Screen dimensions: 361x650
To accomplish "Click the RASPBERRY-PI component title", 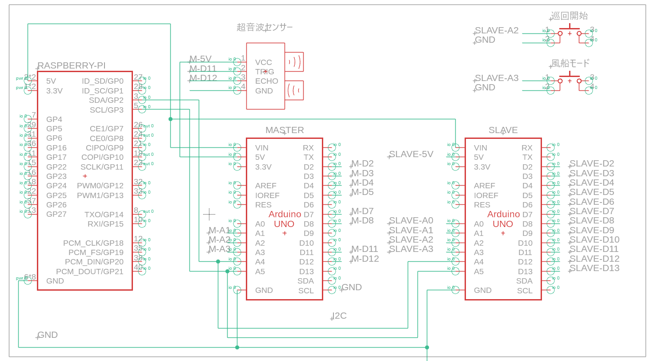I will click(72, 66).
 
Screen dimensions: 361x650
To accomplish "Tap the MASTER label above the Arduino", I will click(285, 130).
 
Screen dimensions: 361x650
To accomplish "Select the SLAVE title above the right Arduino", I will click(503, 130).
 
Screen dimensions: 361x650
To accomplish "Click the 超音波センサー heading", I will click(265, 28).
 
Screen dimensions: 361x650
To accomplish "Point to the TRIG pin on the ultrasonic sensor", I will click(265, 72).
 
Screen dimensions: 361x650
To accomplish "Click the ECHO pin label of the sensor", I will click(267, 81).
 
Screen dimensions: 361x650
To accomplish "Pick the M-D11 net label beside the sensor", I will click(203, 69).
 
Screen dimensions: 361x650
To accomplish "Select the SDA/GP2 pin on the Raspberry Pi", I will click(106, 100).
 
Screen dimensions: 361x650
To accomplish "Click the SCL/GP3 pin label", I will click(107, 110).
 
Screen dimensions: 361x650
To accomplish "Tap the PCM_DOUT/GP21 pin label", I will click(90, 272).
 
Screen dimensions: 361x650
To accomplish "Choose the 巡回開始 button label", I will click(569, 16).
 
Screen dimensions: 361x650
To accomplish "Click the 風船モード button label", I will click(570, 63).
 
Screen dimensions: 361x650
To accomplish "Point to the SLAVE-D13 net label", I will click(594, 268).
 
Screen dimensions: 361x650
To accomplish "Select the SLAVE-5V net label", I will click(411, 154).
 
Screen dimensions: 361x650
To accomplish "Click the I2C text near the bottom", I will click(339, 316).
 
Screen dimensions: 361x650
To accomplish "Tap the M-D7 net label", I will click(362, 211).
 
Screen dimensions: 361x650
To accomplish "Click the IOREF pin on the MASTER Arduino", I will click(267, 195).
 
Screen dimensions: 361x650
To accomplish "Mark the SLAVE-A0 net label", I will click(411, 221).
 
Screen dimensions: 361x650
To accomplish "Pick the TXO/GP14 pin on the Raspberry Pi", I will click(104, 215).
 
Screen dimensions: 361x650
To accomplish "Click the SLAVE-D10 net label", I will click(594, 239).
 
